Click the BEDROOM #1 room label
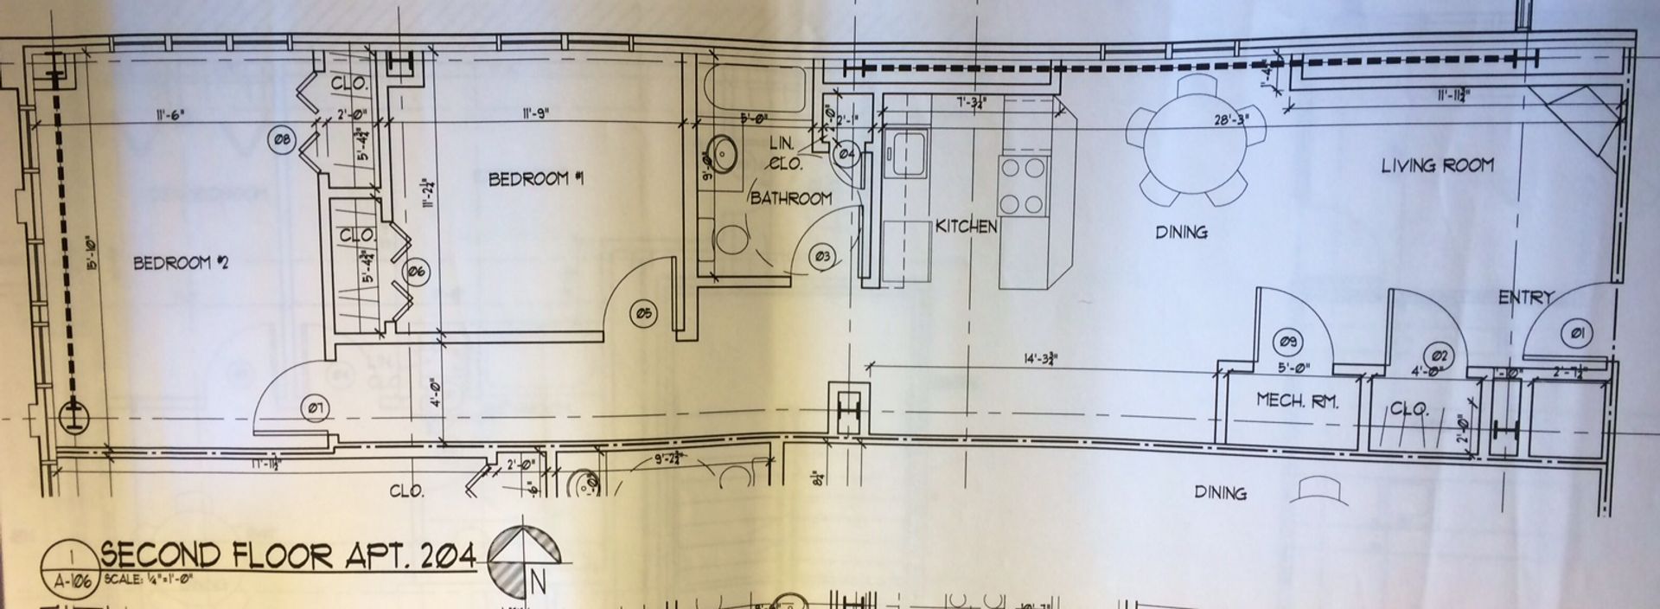point(537,180)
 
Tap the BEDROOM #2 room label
point(172,263)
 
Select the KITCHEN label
point(967,227)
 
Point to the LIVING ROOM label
point(1437,164)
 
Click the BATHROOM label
point(790,198)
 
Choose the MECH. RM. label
point(1297,401)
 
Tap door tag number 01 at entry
point(1574,332)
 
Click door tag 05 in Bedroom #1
point(644,314)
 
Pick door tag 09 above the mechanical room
point(1287,343)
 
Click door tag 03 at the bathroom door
point(822,256)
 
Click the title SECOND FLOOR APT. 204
point(289,555)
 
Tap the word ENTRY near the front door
point(1525,298)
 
